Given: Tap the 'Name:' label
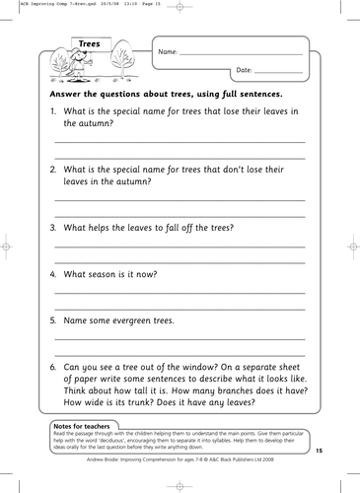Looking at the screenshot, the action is [x=168, y=49].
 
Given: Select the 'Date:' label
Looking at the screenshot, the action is [x=246, y=71].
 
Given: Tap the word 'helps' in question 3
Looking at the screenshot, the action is [x=108, y=227].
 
